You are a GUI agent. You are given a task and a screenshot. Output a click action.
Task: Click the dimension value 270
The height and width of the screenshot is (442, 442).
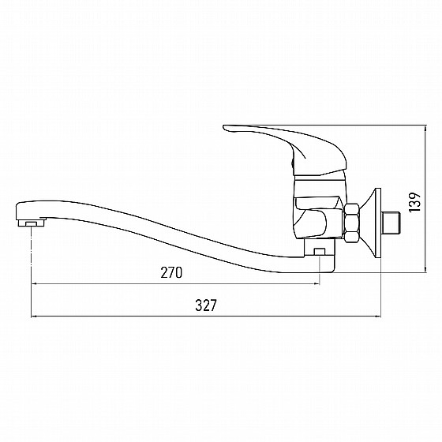[x=171, y=272]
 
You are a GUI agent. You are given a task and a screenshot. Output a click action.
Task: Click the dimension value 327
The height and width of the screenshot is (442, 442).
[x=206, y=305]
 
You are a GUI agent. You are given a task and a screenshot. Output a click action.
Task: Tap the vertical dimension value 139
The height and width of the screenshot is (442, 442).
[x=414, y=202]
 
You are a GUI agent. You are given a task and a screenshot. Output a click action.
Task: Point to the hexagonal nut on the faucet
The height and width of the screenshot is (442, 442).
[x=351, y=223]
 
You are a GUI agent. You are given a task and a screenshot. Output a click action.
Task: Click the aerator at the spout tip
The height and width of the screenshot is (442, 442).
[x=32, y=223]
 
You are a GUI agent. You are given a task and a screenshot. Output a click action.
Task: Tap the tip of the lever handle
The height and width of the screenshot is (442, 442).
[x=223, y=127]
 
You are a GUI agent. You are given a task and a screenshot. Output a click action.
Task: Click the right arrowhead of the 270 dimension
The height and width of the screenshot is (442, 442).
[x=317, y=283]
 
